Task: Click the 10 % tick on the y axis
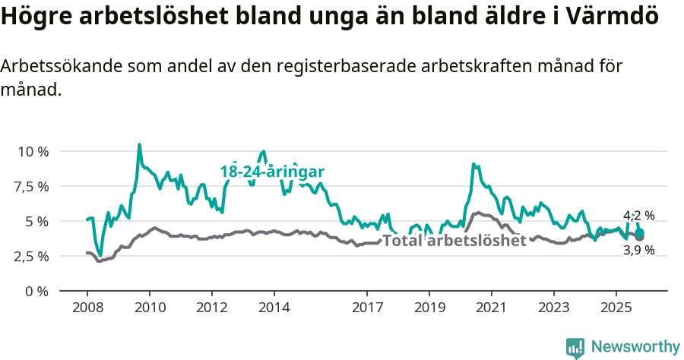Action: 33,151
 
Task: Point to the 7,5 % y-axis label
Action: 32,186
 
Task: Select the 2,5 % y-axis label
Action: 32,256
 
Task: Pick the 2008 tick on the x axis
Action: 87,310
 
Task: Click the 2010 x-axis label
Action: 149,310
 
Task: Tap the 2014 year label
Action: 274,310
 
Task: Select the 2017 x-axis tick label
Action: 367,310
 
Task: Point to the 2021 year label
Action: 491,310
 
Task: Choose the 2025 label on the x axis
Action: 616,310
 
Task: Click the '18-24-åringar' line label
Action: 272,172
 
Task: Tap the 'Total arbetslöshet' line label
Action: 454,242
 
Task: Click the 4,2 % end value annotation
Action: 638,216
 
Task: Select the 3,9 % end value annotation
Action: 638,250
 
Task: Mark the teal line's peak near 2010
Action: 139,144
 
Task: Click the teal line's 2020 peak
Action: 473,164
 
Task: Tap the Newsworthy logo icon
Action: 575,347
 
